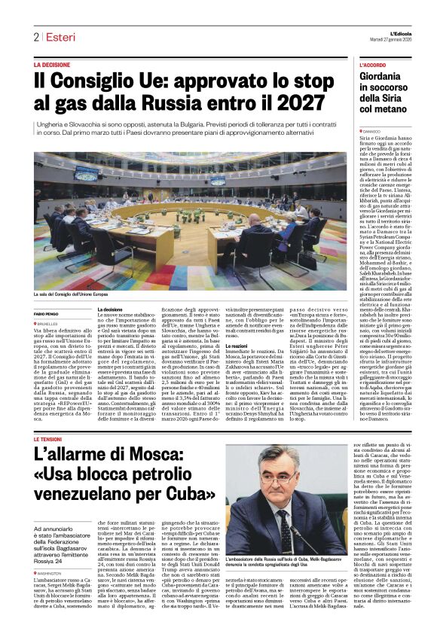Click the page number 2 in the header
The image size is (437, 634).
pyautogui.click(x=35, y=37)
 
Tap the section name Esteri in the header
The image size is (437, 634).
pyautogui.click(x=59, y=37)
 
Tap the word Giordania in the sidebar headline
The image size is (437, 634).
pyautogui.click(x=385, y=78)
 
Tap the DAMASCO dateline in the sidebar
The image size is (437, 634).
pyautogui.click(x=373, y=131)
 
